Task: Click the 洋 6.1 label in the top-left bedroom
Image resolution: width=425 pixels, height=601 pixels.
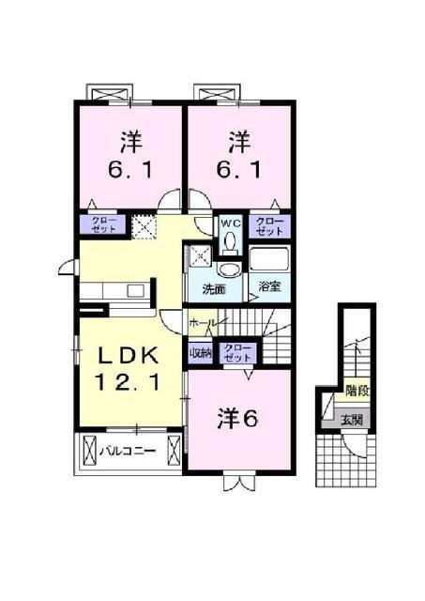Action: (x=129, y=157)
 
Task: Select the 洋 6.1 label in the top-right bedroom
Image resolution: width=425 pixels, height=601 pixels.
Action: (x=239, y=157)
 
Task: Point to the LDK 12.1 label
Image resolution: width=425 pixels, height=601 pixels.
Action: (x=132, y=368)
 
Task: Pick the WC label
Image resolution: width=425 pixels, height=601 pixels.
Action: (x=230, y=223)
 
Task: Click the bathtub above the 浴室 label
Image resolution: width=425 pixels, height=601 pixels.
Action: (x=270, y=261)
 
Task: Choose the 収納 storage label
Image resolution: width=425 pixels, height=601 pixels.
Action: (x=202, y=353)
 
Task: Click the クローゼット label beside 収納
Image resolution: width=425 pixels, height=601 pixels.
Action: (x=238, y=353)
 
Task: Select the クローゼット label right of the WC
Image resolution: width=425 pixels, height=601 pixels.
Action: (x=269, y=225)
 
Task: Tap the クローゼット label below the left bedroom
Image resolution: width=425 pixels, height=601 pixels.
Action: (x=101, y=225)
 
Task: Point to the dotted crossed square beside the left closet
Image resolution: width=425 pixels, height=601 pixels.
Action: (x=144, y=226)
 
